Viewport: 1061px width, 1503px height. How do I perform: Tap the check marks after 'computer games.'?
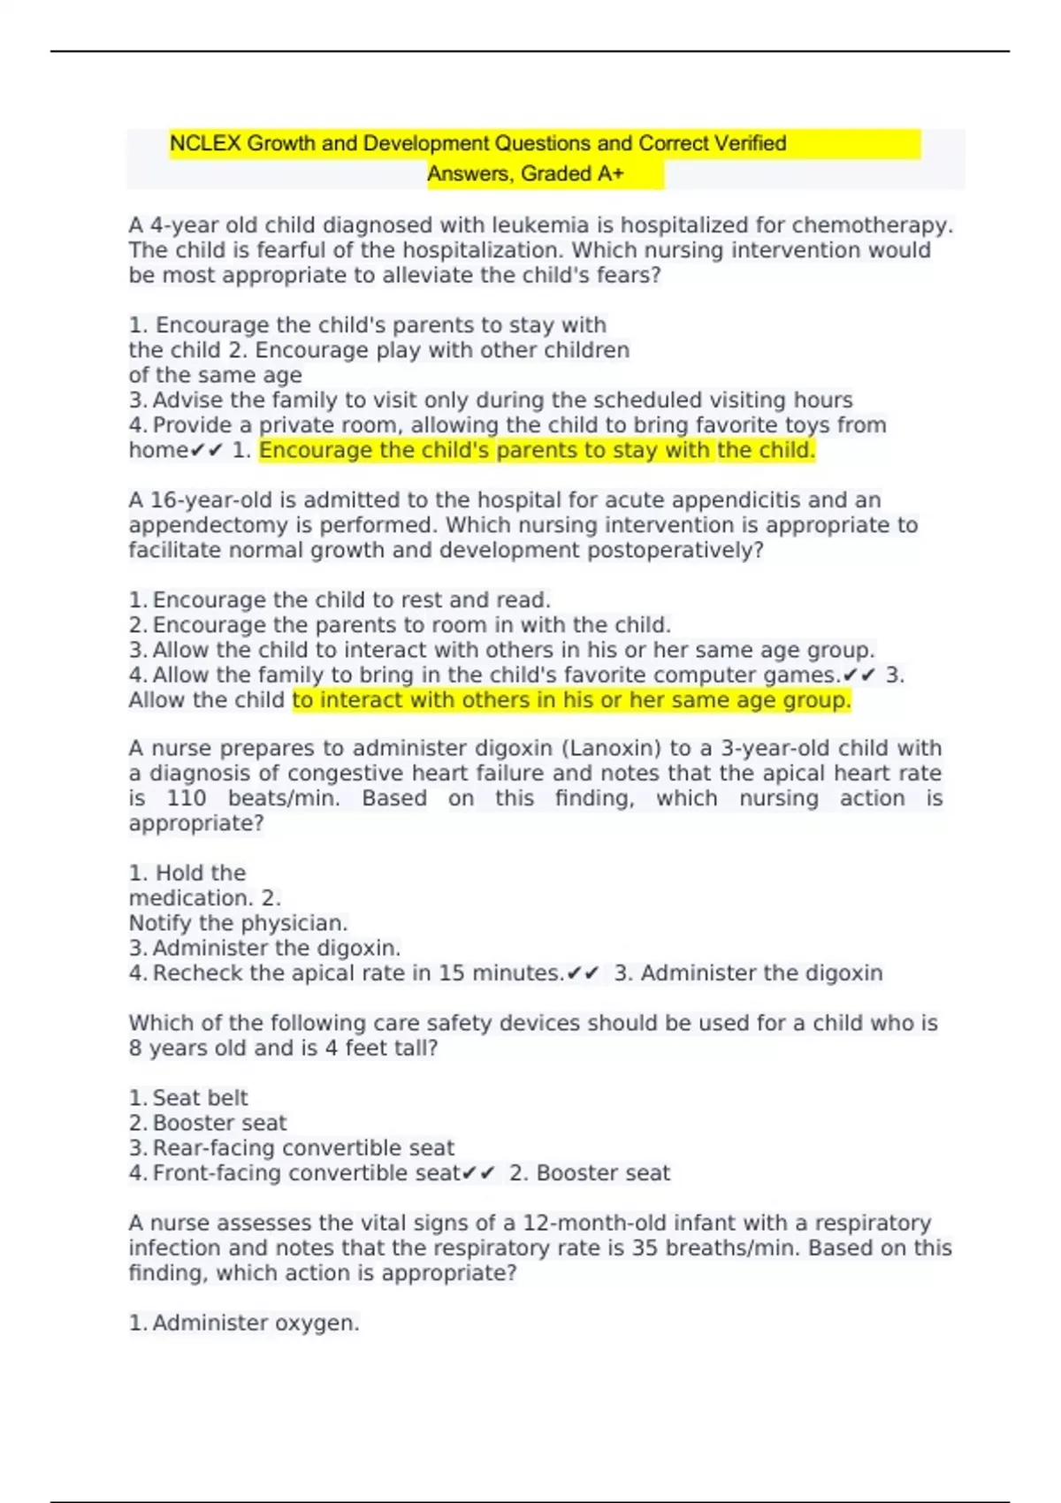coord(859,675)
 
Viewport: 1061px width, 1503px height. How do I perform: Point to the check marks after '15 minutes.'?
coord(584,973)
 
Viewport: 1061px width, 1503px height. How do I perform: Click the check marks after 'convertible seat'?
coord(478,1173)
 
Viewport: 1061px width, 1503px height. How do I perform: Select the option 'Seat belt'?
coord(200,1098)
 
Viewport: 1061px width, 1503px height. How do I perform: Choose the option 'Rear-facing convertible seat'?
coord(302,1148)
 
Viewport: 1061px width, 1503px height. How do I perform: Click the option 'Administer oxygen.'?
coord(256,1323)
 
